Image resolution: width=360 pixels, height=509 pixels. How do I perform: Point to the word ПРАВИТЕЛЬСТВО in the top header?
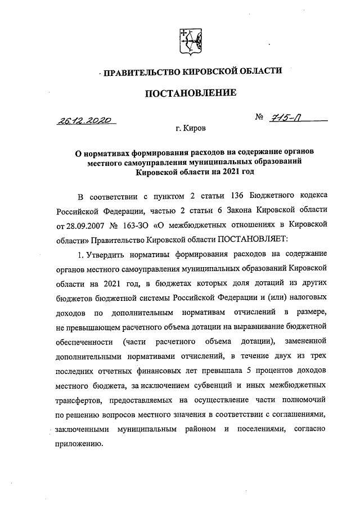[x=138, y=71]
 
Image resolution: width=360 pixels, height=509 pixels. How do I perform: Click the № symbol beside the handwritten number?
[x=260, y=118]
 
